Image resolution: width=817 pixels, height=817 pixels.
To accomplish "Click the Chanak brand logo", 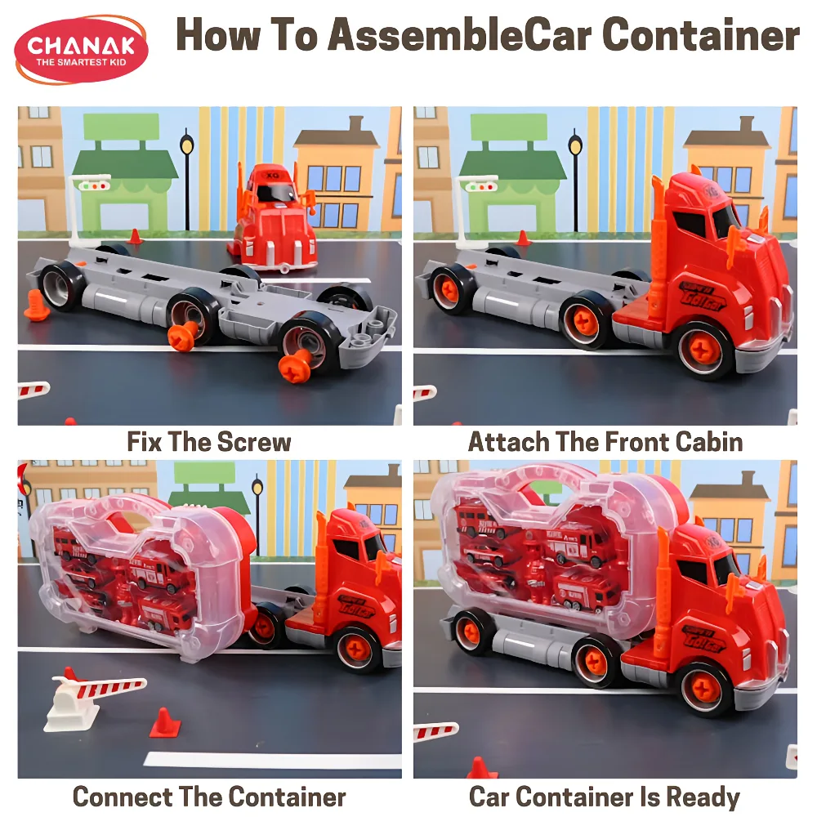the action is click(81, 50).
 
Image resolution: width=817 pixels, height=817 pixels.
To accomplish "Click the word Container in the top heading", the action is click(700, 35).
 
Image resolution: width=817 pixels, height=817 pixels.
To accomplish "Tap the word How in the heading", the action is click(218, 35).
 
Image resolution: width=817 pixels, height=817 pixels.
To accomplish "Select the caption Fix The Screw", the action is click(209, 442).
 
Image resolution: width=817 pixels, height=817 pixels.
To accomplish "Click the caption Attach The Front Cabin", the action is click(605, 442).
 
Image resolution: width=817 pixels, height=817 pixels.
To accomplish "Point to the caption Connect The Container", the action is click(209, 797).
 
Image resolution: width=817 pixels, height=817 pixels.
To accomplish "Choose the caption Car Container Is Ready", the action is click(605, 797).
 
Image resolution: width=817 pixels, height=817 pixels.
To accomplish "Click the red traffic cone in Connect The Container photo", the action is click(165, 723).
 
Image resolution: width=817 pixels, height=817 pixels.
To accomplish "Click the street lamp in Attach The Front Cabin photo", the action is click(575, 180).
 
